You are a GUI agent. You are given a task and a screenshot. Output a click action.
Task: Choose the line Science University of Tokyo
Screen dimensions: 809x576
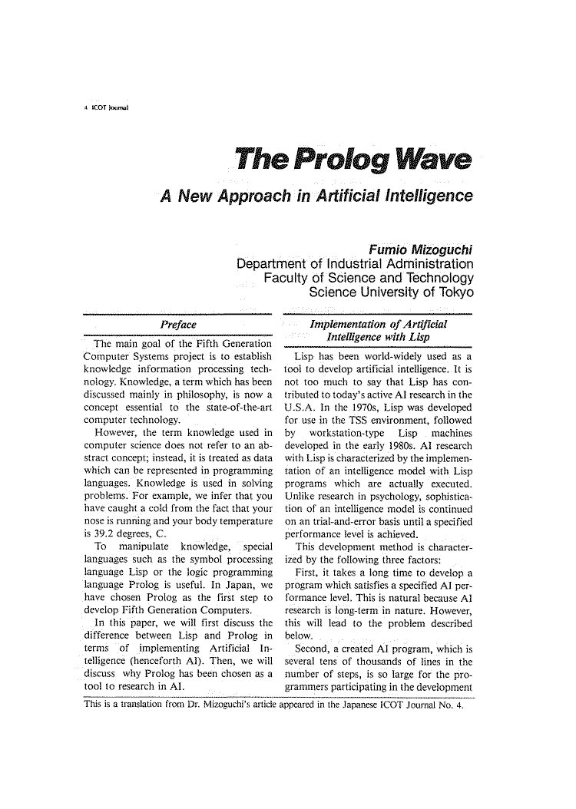coord(389,294)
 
